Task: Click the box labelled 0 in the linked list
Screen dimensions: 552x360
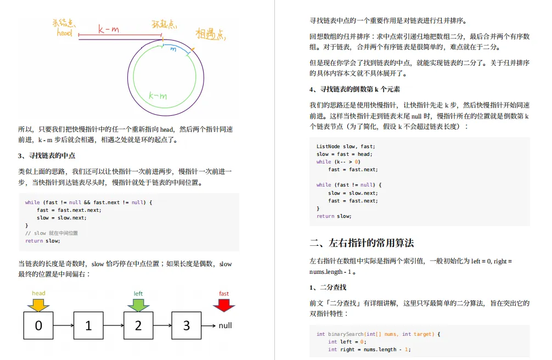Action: point(38,325)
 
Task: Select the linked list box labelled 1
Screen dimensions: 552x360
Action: point(88,325)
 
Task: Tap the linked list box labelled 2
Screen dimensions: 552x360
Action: point(138,325)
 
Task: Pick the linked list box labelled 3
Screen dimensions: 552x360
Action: point(186,325)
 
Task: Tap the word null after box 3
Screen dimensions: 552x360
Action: point(225,325)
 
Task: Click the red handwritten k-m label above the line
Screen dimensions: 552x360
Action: point(108,29)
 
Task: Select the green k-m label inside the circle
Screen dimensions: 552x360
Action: point(157,96)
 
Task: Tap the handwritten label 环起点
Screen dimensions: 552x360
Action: point(164,24)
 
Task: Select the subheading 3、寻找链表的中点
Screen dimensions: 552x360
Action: point(47,156)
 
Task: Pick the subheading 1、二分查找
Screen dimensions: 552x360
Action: point(328,287)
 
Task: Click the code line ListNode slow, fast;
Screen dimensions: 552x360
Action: point(345,147)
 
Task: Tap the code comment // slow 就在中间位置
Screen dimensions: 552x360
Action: point(52,233)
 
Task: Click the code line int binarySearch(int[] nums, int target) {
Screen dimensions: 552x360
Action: point(379,334)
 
